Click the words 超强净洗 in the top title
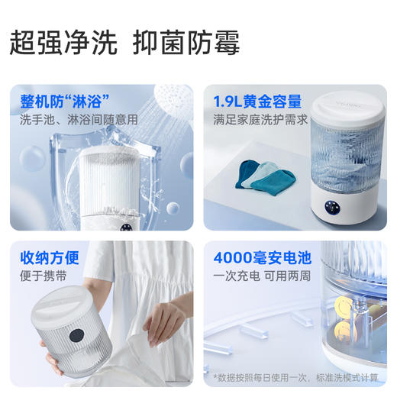63,43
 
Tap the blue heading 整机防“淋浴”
64,100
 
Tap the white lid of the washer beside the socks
348,107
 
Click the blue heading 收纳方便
50,257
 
